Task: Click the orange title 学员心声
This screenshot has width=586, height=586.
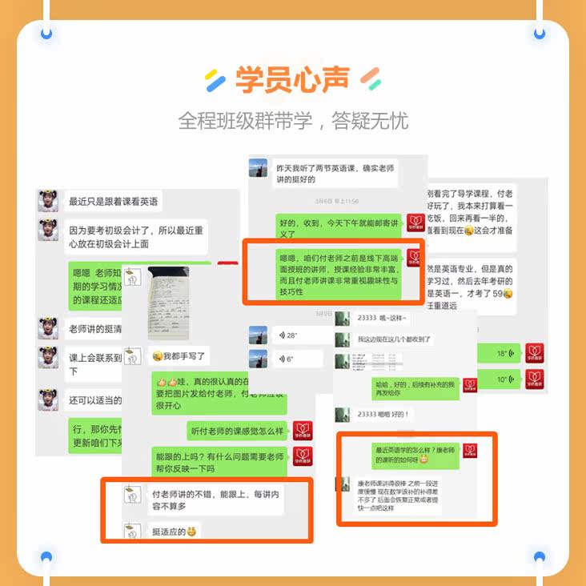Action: pos(293,80)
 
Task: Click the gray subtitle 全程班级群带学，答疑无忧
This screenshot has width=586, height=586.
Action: pos(293,121)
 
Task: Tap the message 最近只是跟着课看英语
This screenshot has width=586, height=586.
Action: pos(114,201)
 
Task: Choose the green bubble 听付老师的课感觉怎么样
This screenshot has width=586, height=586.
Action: pos(236,431)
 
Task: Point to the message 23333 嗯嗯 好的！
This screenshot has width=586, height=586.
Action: pos(384,414)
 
